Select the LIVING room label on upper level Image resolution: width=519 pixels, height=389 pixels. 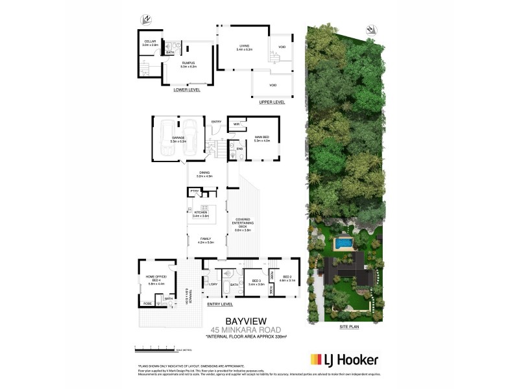(x=245, y=45)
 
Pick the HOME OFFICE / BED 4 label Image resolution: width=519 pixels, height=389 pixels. (x=157, y=281)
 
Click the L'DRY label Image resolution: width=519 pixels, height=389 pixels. (x=213, y=285)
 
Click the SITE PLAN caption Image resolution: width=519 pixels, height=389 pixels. (x=350, y=327)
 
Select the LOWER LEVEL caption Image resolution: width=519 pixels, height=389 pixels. (x=187, y=90)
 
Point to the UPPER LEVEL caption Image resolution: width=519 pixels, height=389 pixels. (x=272, y=102)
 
